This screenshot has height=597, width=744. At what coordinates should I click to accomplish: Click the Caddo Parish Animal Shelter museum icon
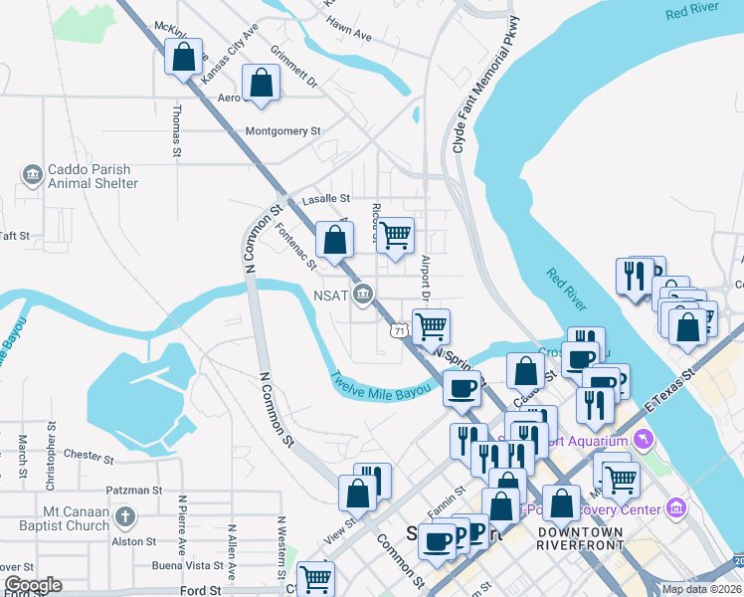32,175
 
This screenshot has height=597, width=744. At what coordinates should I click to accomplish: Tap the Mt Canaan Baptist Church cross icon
124,516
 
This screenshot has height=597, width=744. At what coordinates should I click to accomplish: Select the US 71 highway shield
398,329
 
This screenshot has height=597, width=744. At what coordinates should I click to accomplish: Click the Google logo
33,585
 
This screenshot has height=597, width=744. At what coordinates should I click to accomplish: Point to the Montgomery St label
283,131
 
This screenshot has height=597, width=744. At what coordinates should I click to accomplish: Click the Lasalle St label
327,199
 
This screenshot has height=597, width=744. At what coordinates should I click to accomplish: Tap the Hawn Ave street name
348,35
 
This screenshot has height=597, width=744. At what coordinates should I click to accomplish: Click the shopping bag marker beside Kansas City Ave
184,59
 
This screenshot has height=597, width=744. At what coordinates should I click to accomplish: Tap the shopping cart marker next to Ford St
315,579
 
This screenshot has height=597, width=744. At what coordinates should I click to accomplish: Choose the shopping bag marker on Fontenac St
335,240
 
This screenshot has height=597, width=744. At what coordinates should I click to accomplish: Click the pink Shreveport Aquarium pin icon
644,438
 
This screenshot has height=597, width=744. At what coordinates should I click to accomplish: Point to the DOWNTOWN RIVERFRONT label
581,539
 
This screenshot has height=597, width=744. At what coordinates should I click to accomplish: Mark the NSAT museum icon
364,294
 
